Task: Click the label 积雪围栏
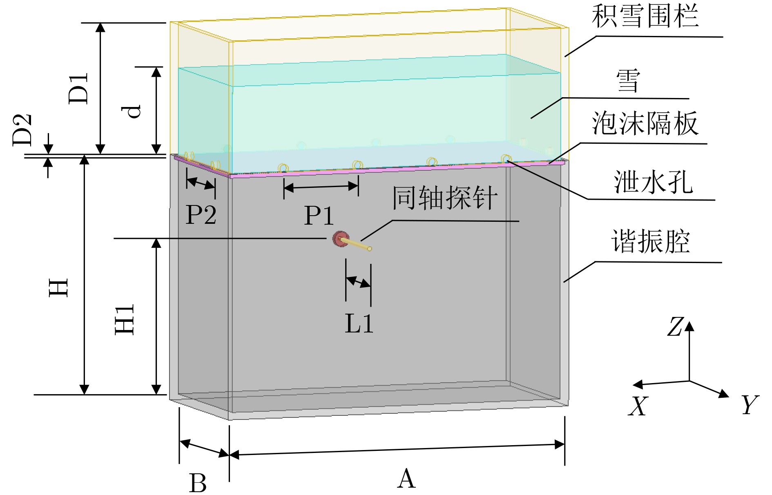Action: pyautogui.click(x=645, y=16)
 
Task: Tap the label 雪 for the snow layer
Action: pyautogui.click(x=628, y=80)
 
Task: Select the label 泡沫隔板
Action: pyautogui.click(x=645, y=123)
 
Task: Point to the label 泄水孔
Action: pyautogui.click(x=653, y=182)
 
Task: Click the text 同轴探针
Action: pyautogui.click(x=445, y=198)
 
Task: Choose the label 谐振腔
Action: pyautogui.click(x=650, y=241)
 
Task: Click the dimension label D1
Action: pyautogui.click(x=78, y=88)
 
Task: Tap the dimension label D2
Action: pyautogui.click(x=22, y=130)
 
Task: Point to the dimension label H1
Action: pyautogui.click(x=125, y=320)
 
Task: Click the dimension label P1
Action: pyautogui.click(x=319, y=215)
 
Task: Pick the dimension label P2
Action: pyautogui.click(x=201, y=214)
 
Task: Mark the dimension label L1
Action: pyautogui.click(x=359, y=324)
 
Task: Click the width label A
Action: pyautogui.click(x=406, y=478)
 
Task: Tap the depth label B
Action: pyautogui.click(x=198, y=483)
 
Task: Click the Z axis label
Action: pyautogui.click(x=675, y=327)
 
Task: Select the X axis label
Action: pyautogui.click(x=638, y=406)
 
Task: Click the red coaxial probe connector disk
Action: pyautogui.click(x=340, y=239)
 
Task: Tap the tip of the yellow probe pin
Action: pyautogui.click(x=369, y=249)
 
